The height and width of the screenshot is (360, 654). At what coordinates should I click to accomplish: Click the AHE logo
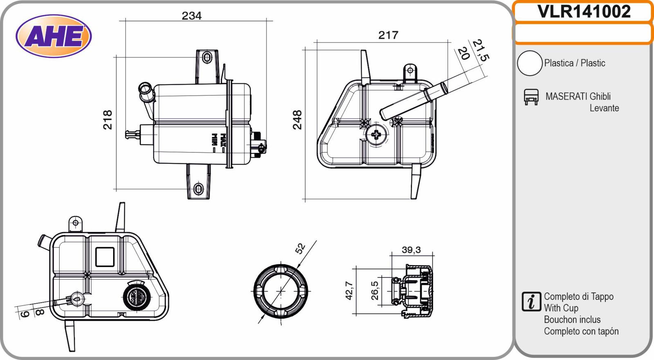54,36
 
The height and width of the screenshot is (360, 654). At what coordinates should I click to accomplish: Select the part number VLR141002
584,12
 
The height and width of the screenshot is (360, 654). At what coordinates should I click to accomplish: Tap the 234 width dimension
192,16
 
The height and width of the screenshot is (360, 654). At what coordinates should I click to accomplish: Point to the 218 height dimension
108,120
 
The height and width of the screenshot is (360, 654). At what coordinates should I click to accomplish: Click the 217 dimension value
388,35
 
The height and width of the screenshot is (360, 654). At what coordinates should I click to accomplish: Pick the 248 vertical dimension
297,120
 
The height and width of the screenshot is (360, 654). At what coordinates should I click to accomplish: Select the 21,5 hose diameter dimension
481,50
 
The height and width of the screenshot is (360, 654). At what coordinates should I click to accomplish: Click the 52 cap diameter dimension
300,248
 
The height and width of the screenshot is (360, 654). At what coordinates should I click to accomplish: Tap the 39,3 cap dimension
411,250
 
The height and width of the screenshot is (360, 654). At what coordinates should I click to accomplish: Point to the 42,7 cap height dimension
349,291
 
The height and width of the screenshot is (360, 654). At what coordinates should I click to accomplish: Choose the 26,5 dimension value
374,291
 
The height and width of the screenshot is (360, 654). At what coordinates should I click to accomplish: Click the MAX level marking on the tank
223,140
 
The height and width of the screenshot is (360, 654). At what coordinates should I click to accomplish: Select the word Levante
604,108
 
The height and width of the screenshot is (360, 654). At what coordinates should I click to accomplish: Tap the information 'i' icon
531,302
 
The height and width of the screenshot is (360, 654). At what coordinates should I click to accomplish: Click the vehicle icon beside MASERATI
531,97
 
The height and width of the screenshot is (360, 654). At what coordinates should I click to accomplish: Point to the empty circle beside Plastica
530,63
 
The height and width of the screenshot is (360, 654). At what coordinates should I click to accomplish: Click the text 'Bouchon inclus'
572,320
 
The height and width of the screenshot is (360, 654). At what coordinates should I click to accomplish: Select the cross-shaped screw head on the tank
376,135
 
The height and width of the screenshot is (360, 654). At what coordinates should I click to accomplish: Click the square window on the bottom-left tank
105,257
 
